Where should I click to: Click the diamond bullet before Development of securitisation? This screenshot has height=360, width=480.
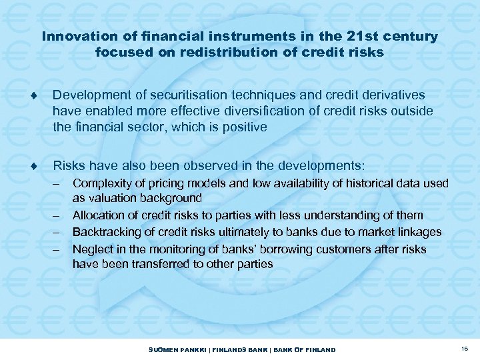pyautogui.click(x=42, y=96)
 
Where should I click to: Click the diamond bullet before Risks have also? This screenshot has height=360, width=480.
pyautogui.click(x=42, y=165)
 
